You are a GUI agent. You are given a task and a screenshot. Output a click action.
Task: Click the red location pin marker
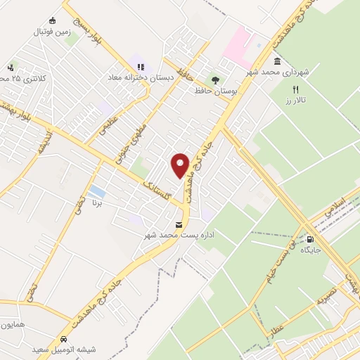coord(181,165)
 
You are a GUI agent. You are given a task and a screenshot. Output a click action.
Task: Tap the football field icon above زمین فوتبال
coord(52,20)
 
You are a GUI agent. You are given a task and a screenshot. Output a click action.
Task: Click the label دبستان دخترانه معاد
coord(136,77)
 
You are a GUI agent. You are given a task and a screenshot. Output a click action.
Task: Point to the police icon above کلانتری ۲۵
coord(11,67)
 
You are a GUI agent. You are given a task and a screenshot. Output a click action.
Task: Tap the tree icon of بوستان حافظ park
coord(216,80)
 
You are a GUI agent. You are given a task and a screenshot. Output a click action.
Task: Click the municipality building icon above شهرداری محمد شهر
coord(278,62)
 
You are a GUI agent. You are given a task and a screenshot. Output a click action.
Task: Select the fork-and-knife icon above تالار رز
coord(295,90)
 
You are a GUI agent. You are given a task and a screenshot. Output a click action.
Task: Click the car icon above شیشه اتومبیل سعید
coord(63,338)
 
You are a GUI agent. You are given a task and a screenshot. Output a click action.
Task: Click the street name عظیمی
coord(108,128)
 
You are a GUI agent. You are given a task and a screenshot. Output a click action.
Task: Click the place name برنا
coord(98,202)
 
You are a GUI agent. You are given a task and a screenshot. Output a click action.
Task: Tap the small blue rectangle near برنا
coord(98,191)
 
